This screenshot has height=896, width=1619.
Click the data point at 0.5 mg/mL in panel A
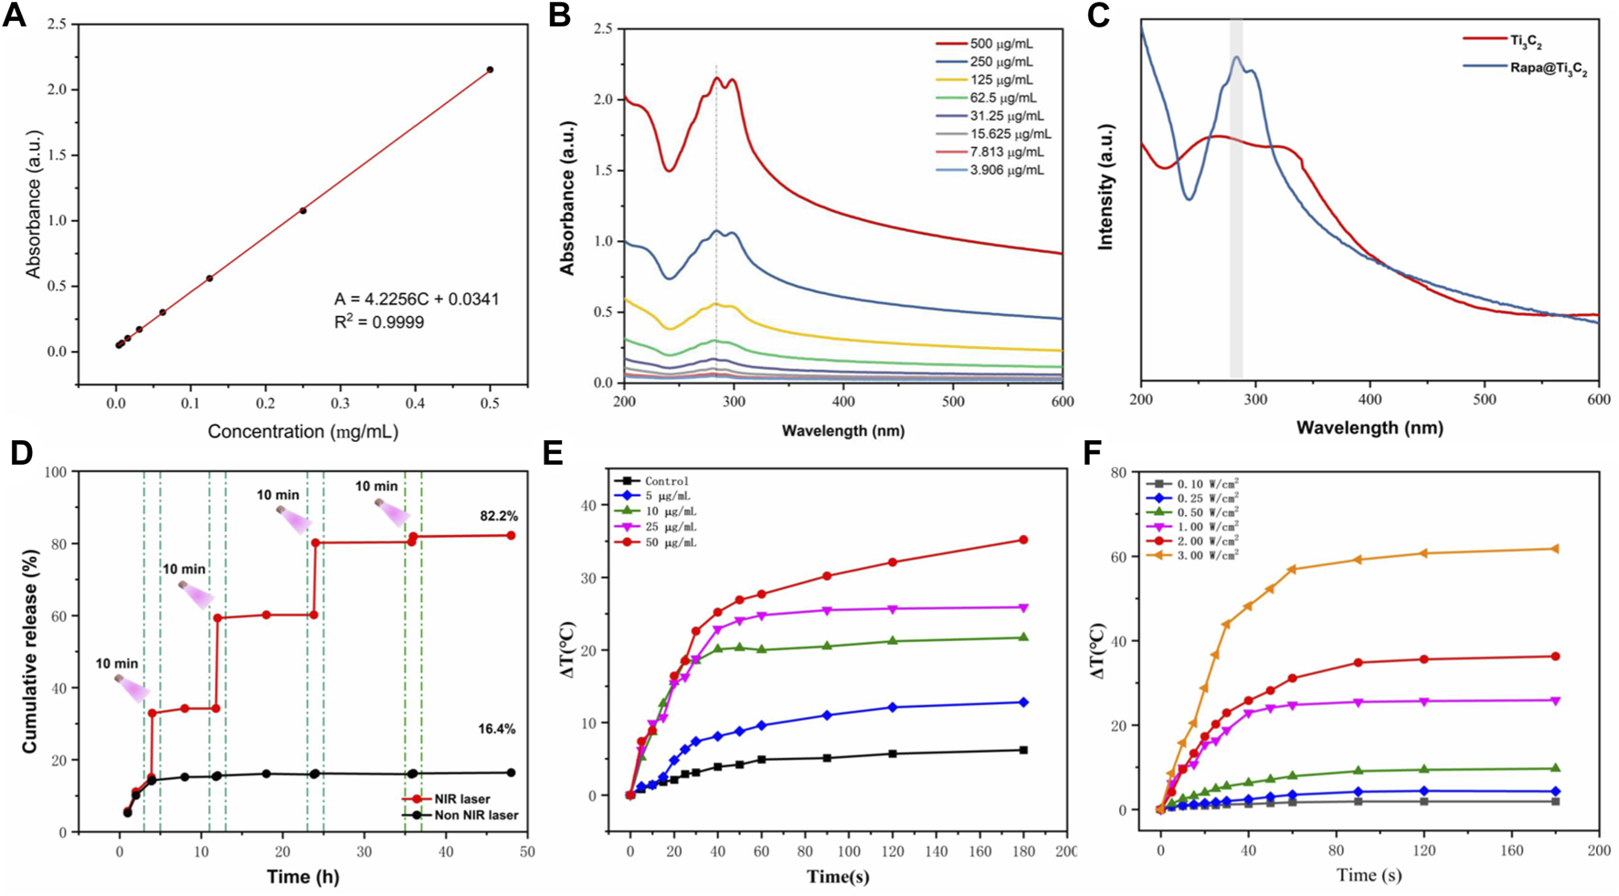coord(490,69)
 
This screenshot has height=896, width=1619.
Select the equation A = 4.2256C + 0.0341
coord(416,300)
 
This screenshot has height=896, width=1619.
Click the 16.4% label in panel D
coord(496,729)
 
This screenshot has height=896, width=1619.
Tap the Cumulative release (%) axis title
coord(31,652)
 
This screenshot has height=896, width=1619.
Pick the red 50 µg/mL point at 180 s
coord(1023,540)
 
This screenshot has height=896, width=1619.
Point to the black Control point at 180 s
coord(1023,750)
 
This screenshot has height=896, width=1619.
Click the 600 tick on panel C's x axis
coord(1598,401)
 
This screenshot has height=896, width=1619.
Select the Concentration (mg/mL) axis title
coord(302,431)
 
